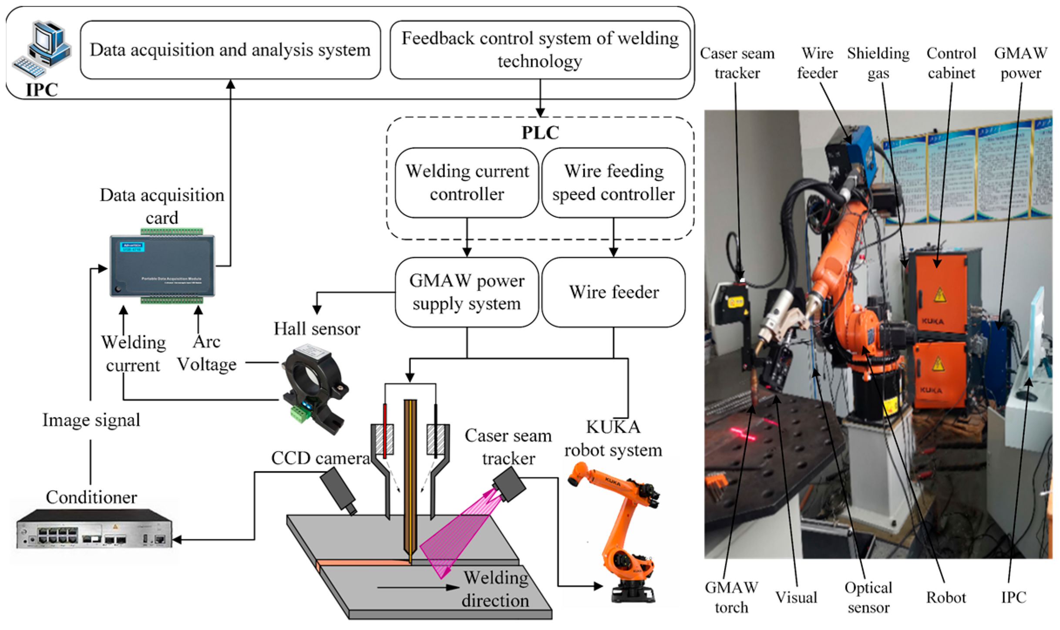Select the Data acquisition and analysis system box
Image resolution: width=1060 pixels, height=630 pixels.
pyautogui.click(x=230, y=50)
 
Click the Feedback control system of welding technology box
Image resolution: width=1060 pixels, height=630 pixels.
pyautogui.click(x=540, y=50)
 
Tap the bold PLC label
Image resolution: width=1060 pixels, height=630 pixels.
pyautogui.click(x=540, y=133)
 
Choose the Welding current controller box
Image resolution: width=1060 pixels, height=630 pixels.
pyautogui.click(x=467, y=182)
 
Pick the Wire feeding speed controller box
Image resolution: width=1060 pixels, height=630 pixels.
pyautogui.click(x=613, y=182)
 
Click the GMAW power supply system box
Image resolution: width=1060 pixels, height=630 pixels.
pyautogui.click(x=467, y=292)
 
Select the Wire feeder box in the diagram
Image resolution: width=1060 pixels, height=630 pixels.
pyautogui.click(x=613, y=292)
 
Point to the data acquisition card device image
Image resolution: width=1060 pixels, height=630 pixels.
pyautogui.click(x=162, y=266)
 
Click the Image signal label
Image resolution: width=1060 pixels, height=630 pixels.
pyautogui.click(x=91, y=420)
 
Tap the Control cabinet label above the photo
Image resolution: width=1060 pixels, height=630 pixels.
pyautogui.click(x=951, y=63)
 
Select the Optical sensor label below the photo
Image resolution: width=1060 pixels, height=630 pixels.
pyautogui.click(x=868, y=597)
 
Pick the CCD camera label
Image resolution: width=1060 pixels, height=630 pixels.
pyautogui.click(x=320, y=458)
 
